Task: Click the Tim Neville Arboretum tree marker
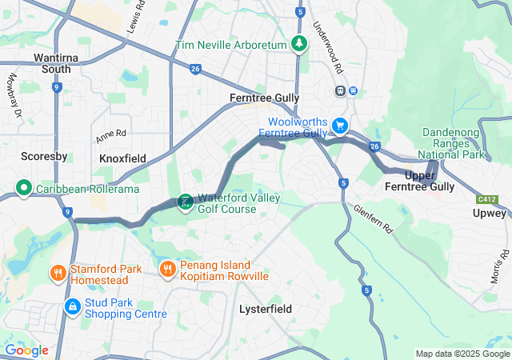[299, 44]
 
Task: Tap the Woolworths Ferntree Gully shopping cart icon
[340, 125]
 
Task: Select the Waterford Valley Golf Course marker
[185, 202]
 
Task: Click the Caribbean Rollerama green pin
[23, 190]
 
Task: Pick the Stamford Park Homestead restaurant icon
[58, 273]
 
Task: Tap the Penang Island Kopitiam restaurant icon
[167, 269]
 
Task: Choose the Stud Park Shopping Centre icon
[72, 306]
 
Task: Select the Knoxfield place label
[122, 158]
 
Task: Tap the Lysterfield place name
[266, 309]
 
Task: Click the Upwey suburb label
[489, 214]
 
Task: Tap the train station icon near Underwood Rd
[341, 91]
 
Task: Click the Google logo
[26, 350]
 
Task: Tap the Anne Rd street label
[111, 136]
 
